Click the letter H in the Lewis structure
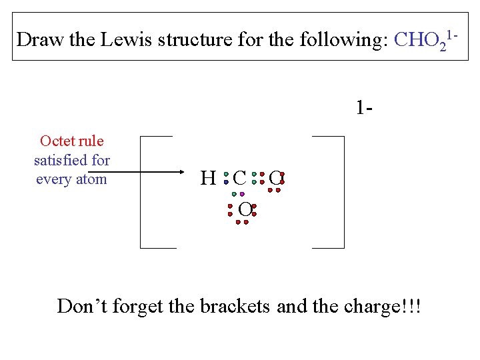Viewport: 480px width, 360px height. coord(208,178)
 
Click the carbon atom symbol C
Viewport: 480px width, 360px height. coord(240,178)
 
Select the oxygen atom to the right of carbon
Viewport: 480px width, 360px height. coord(275,178)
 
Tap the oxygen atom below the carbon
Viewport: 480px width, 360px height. coord(245,210)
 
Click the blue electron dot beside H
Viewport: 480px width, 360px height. coord(226,181)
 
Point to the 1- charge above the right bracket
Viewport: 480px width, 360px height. coord(363,107)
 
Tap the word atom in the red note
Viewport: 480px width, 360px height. coord(92,179)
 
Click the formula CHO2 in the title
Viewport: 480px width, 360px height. coord(421,40)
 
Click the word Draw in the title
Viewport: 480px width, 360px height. coord(39,39)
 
